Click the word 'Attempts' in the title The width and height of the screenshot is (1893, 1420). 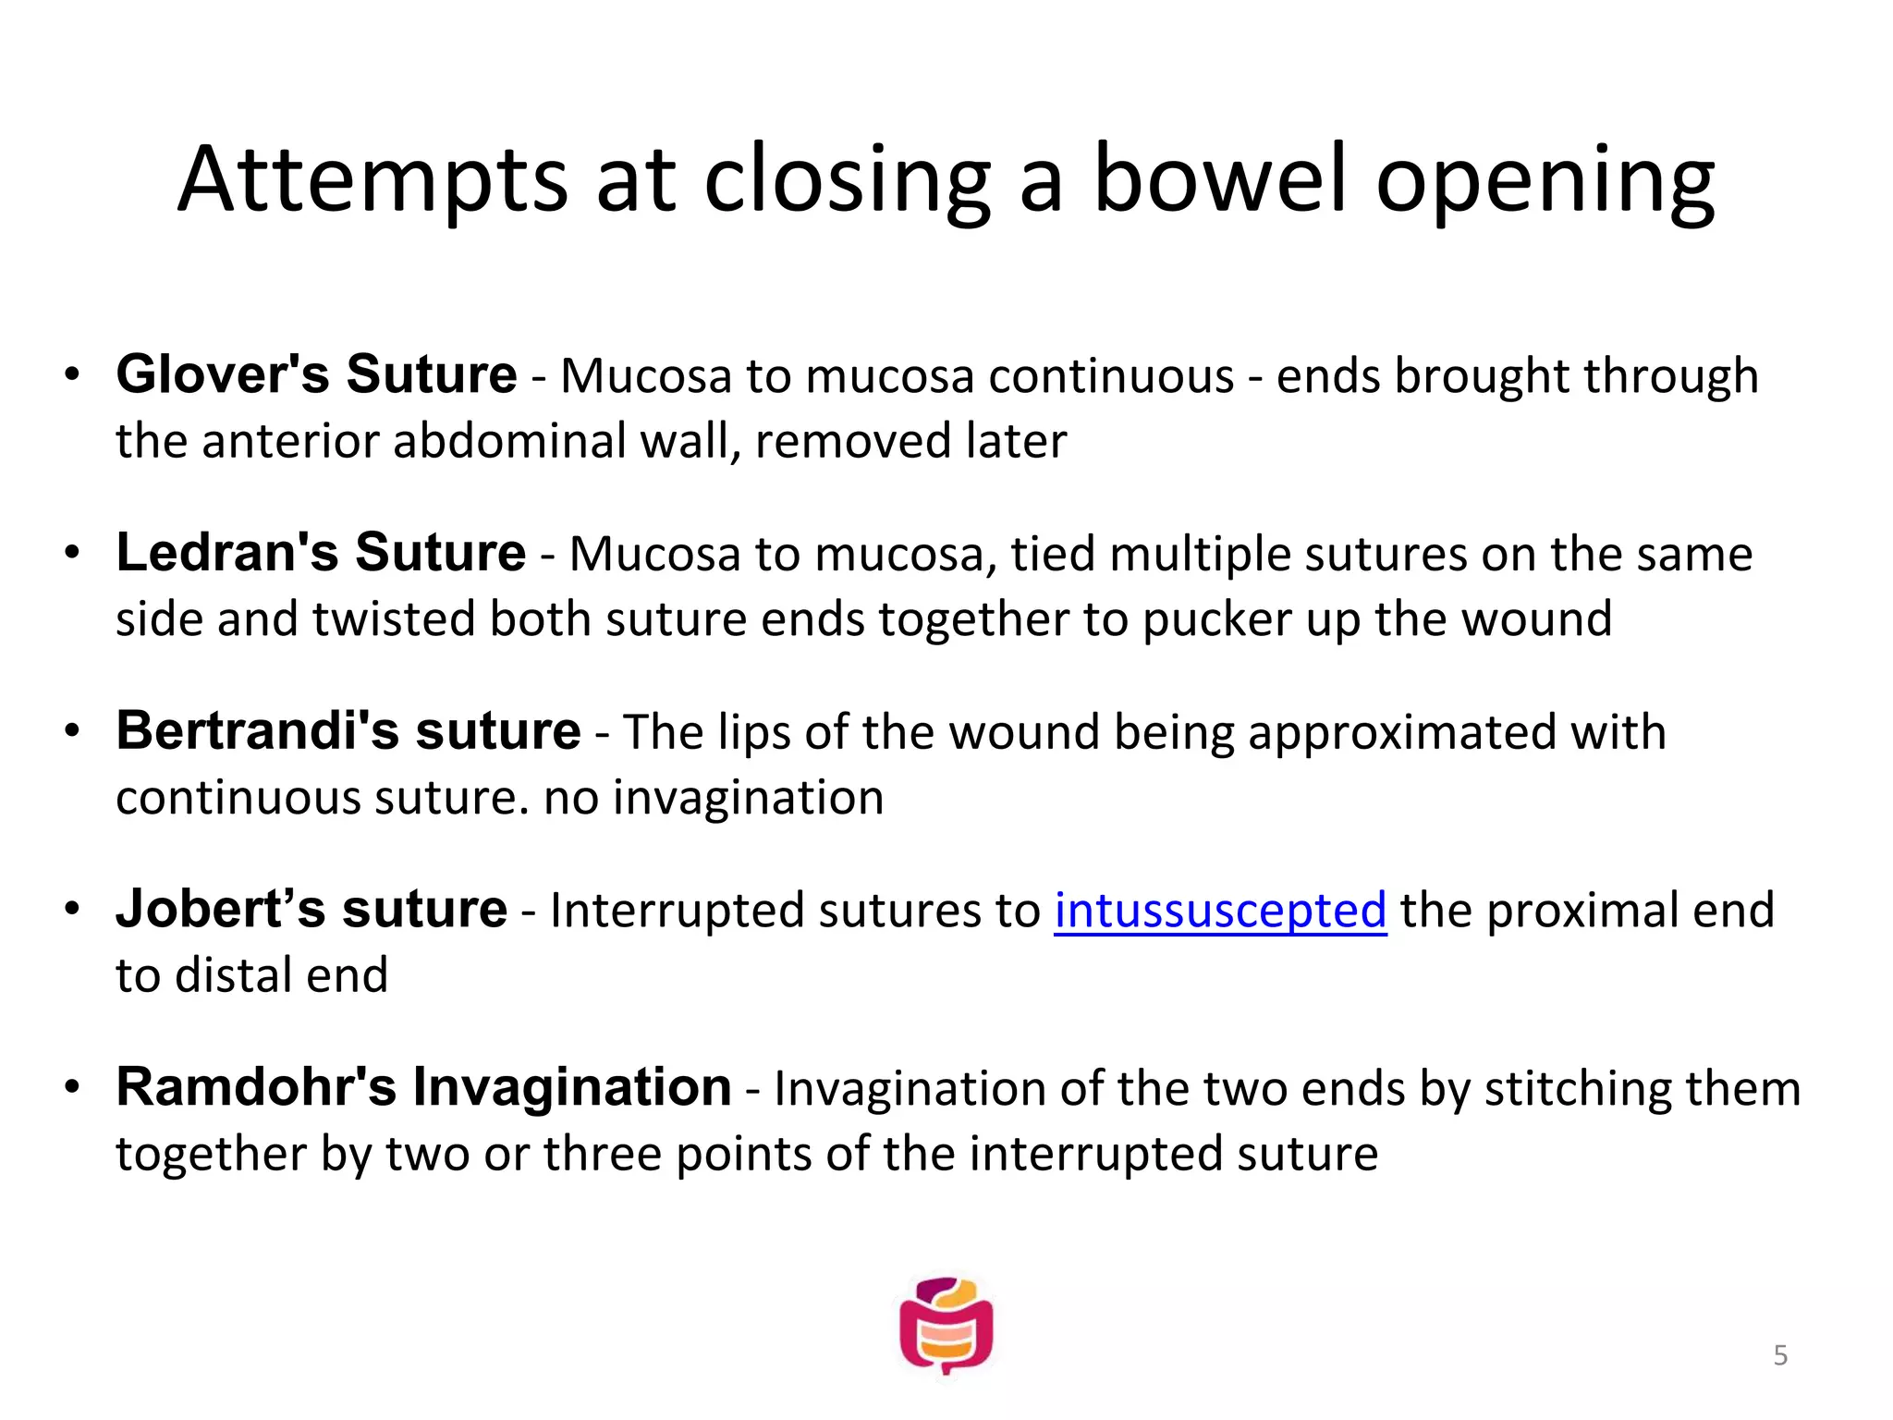[x=372, y=179]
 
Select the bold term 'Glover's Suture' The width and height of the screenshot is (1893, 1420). [x=316, y=374]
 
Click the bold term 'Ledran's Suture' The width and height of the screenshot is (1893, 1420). [x=321, y=553]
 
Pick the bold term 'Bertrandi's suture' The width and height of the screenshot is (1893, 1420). [x=348, y=730]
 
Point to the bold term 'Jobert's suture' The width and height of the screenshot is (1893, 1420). [x=311, y=909]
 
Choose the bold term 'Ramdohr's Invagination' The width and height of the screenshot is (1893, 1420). [x=423, y=1087]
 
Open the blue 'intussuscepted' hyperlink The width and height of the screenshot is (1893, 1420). [x=1220, y=911]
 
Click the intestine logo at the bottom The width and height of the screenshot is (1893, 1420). [x=946, y=1327]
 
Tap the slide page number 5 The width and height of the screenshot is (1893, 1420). [x=1780, y=1356]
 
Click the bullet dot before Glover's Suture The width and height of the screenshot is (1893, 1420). [x=72, y=375]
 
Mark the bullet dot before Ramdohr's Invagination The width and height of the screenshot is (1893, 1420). [x=72, y=1088]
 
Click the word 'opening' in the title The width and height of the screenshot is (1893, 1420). [x=1545, y=179]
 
